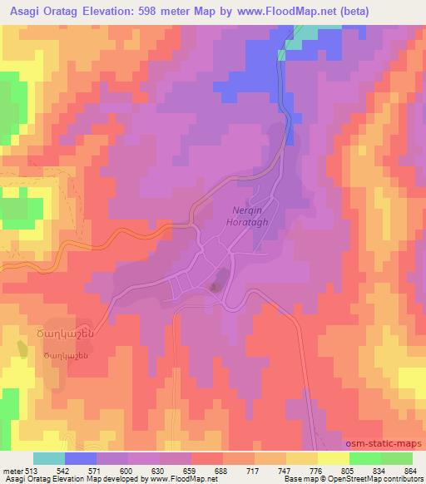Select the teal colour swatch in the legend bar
[49, 457]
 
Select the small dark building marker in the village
[215, 288]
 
